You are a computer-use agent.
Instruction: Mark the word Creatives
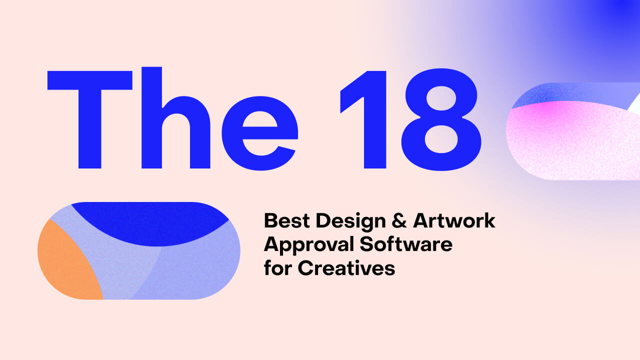tap(347, 268)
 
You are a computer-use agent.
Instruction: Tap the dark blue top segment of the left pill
tap(150, 220)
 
